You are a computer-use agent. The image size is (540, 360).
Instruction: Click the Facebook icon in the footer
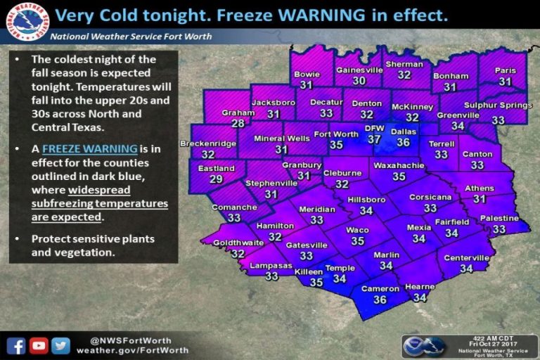tap(16, 345)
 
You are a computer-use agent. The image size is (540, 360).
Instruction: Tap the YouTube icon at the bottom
tap(39, 345)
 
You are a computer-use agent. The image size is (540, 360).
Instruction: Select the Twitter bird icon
tap(60, 345)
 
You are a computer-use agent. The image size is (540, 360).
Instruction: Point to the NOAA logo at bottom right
tap(424, 345)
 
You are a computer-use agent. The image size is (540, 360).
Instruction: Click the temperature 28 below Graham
tap(238, 123)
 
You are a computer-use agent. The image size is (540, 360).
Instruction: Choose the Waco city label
tap(357, 230)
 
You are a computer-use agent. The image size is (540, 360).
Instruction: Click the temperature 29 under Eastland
tap(216, 179)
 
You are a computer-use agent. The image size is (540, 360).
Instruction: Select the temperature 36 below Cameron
tap(380, 300)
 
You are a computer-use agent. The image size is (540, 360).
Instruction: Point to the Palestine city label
tap(499, 219)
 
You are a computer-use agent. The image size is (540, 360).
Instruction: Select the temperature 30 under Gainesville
tap(359, 81)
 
